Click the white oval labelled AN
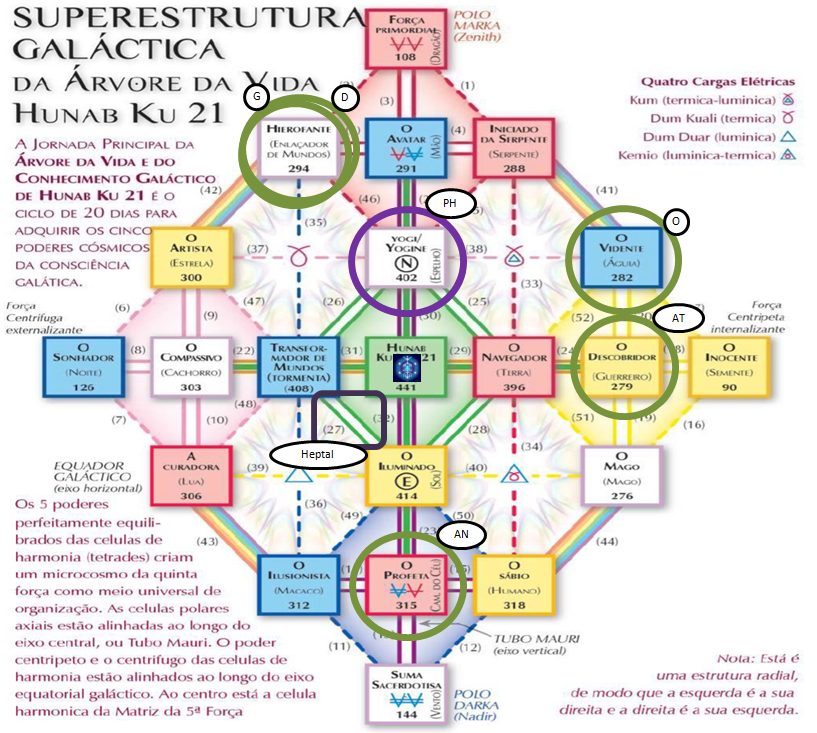pyautogui.click(x=462, y=535)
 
